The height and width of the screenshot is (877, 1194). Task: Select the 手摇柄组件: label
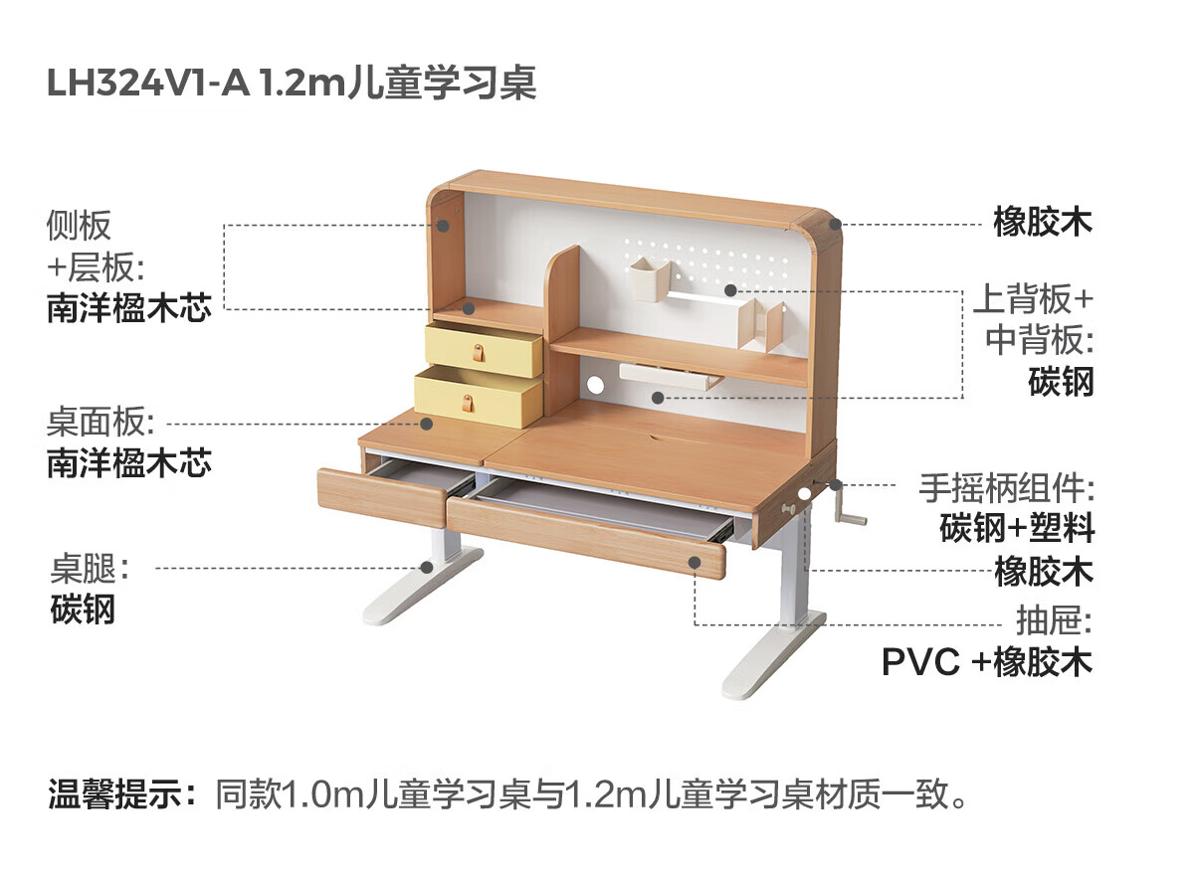click(1005, 489)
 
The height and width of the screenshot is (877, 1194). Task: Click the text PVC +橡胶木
click(987, 662)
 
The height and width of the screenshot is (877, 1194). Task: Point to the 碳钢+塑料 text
click(1017, 528)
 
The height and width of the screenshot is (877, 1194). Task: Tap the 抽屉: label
click(1054, 622)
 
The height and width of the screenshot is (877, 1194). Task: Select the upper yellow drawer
click(484, 350)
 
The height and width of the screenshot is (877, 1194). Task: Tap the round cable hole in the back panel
click(596, 385)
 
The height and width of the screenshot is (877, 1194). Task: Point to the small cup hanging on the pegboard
click(648, 277)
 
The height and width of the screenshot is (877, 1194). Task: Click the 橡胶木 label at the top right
click(1043, 222)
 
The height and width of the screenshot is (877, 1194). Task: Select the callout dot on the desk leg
click(427, 568)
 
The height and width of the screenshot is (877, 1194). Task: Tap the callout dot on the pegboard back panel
click(730, 290)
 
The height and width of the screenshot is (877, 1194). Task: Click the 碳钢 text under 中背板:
click(1061, 382)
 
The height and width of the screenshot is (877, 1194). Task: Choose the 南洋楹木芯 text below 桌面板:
click(128, 463)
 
